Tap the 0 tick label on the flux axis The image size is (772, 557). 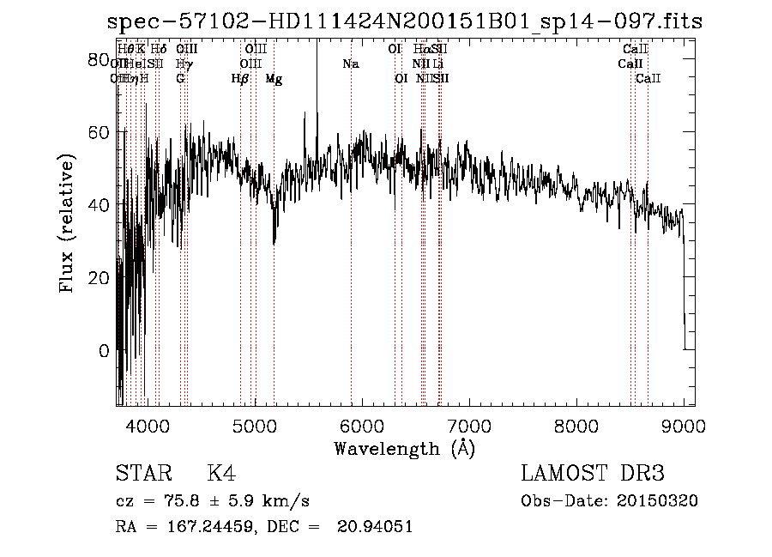click(104, 351)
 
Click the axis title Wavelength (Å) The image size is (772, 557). click(404, 448)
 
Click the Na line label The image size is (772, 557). click(350, 64)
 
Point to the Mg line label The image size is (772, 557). click(274, 79)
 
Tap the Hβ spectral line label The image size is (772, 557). click(240, 79)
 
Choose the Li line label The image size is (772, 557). click(438, 64)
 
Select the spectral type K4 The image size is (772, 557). click(221, 475)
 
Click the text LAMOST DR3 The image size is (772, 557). click(593, 475)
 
